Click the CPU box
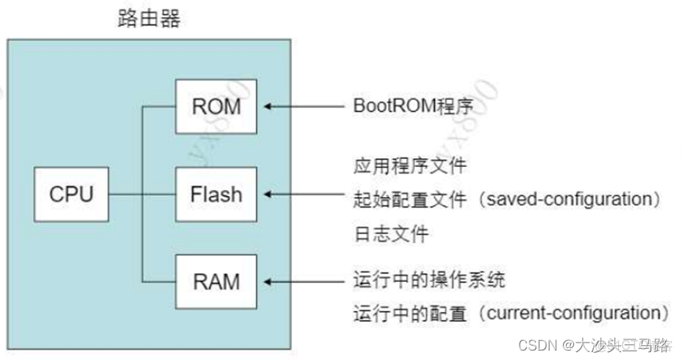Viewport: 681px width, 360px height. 72,193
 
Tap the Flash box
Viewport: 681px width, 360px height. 216,193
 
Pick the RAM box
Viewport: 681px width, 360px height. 216,280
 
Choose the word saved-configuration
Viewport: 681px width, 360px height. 562,199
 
